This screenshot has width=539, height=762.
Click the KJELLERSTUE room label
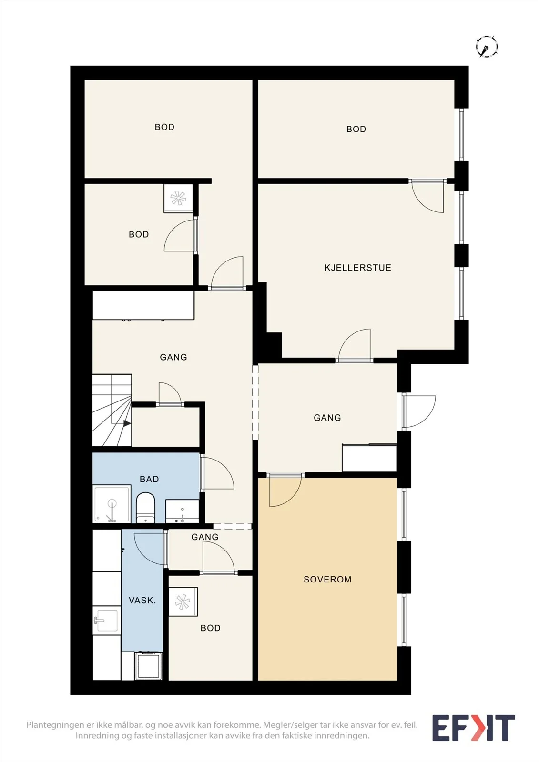pyautogui.click(x=357, y=268)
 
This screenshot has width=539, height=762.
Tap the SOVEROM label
pyautogui.click(x=327, y=579)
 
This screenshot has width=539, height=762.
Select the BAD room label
pyautogui.click(x=149, y=479)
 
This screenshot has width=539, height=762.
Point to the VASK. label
pyautogui.click(x=142, y=601)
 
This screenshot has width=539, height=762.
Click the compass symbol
pyautogui.click(x=487, y=46)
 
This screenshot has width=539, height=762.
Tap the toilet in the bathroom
pyautogui.click(x=146, y=508)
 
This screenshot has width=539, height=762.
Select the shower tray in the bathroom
pyautogui.click(x=112, y=504)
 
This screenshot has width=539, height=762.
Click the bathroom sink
pyautogui.click(x=182, y=511)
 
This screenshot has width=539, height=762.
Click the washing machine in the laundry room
pyautogui.click(x=149, y=666)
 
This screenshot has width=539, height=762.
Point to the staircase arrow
pyautogui.click(x=127, y=423)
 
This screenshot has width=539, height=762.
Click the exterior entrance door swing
pyautogui.click(x=419, y=411)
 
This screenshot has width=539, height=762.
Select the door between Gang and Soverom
pyautogui.click(x=285, y=490)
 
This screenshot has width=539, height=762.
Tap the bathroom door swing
pyautogui.click(x=217, y=473)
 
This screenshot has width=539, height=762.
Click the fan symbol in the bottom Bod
pyautogui.click(x=183, y=602)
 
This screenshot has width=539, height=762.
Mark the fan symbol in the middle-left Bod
pyautogui.click(x=178, y=198)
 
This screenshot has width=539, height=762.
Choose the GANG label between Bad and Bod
pyautogui.click(x=204, y=537)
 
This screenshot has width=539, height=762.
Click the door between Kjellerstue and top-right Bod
pyautogui.click(x=427, y=197)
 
